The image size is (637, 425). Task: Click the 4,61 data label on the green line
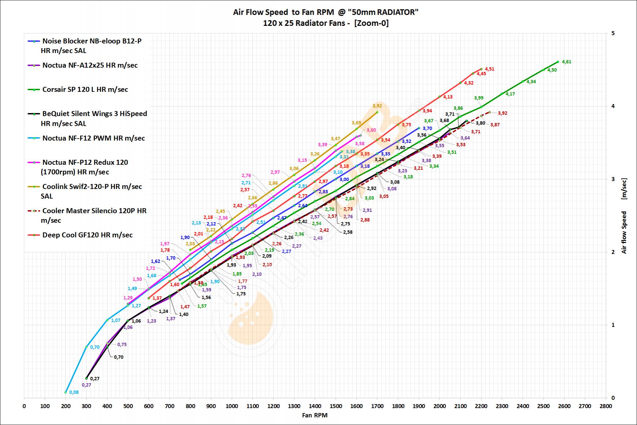(x=566, y=62)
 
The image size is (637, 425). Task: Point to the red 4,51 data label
(x=489, y=69)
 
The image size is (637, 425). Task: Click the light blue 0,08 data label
(x=74, y=392)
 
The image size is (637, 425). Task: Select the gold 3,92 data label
(x=377, y=106)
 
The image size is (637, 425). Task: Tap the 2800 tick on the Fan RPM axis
(x=606, y=406)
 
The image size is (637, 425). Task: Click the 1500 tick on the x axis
(x=336, y=406)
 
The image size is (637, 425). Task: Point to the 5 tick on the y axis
(x=613, y=33)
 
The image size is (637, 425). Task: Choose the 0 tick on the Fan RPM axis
(x=24, y=406)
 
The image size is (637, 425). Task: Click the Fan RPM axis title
(x=315, y=415)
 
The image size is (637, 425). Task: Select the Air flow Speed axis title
(x=624, y=232)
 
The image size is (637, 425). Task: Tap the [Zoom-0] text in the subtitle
(x=371, y=23)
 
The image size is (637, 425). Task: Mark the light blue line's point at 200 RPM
(x=66, y=392)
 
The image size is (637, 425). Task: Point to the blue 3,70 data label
(x=427, y=128)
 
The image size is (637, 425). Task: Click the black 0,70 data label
(x=118, y=357)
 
